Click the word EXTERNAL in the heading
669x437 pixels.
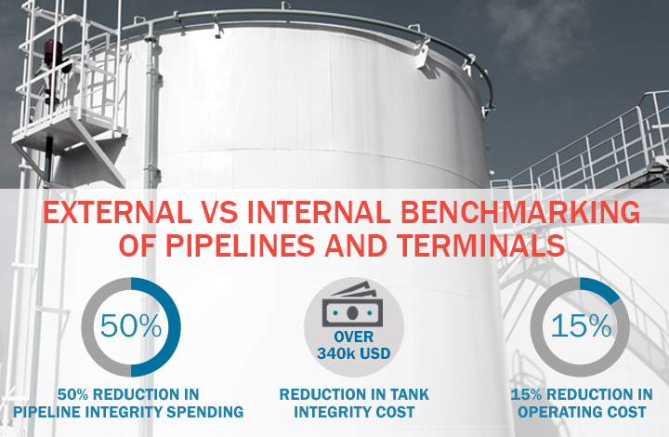click(117, 212)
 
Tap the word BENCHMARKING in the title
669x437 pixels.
click(520, 212)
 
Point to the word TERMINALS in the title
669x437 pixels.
click(481, 245)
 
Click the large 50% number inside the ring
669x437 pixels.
click(131, 326)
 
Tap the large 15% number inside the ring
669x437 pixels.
click(581, 326)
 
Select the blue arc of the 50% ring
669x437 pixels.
click(174, 327)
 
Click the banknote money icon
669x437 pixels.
click(352, 304)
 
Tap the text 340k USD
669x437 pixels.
click(354, 353)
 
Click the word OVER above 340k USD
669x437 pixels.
click(354, 337)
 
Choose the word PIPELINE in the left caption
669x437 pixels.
click(46, 412)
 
